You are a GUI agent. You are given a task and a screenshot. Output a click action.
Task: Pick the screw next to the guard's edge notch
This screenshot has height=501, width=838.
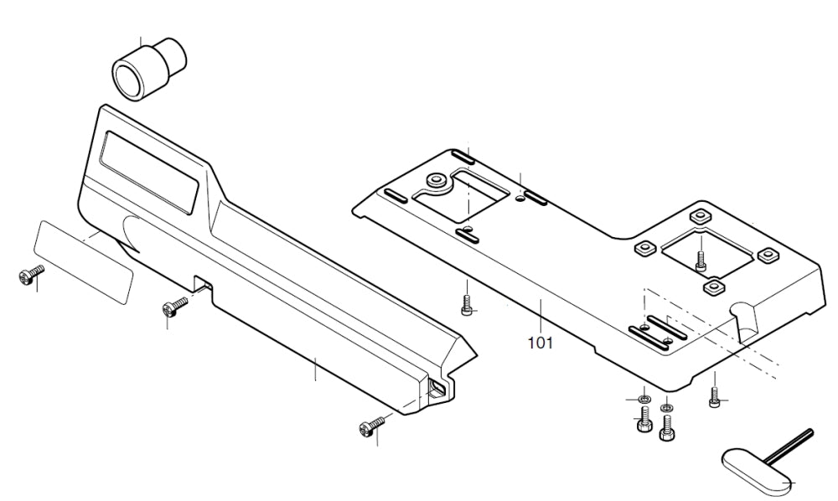click(x=175, y=307)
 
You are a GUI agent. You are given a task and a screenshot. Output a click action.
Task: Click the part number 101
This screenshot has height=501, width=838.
click(x=541, y=343)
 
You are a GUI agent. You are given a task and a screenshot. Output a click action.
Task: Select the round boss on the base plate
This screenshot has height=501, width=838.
click(x=437, y=179)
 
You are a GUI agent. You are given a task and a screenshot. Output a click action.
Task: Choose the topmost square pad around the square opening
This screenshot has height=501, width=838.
click(x=699, y=214)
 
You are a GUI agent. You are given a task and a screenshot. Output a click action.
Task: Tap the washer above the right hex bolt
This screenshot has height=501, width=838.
click(x=666, y=409)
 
